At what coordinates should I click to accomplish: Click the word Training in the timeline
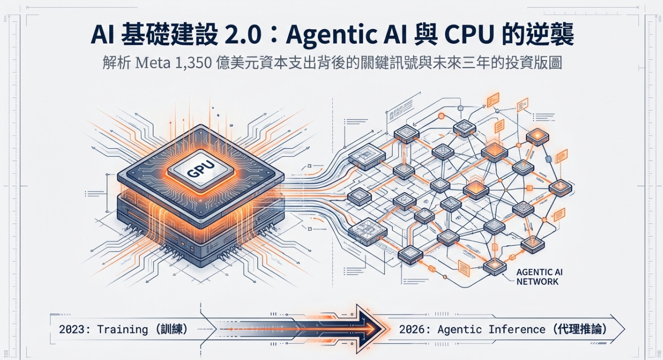pos(115,329)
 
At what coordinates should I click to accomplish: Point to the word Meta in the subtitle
pos(154,64)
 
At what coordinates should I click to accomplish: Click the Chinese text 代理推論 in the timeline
pos(579,329)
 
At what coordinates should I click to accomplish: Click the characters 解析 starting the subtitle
pos(115,64)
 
